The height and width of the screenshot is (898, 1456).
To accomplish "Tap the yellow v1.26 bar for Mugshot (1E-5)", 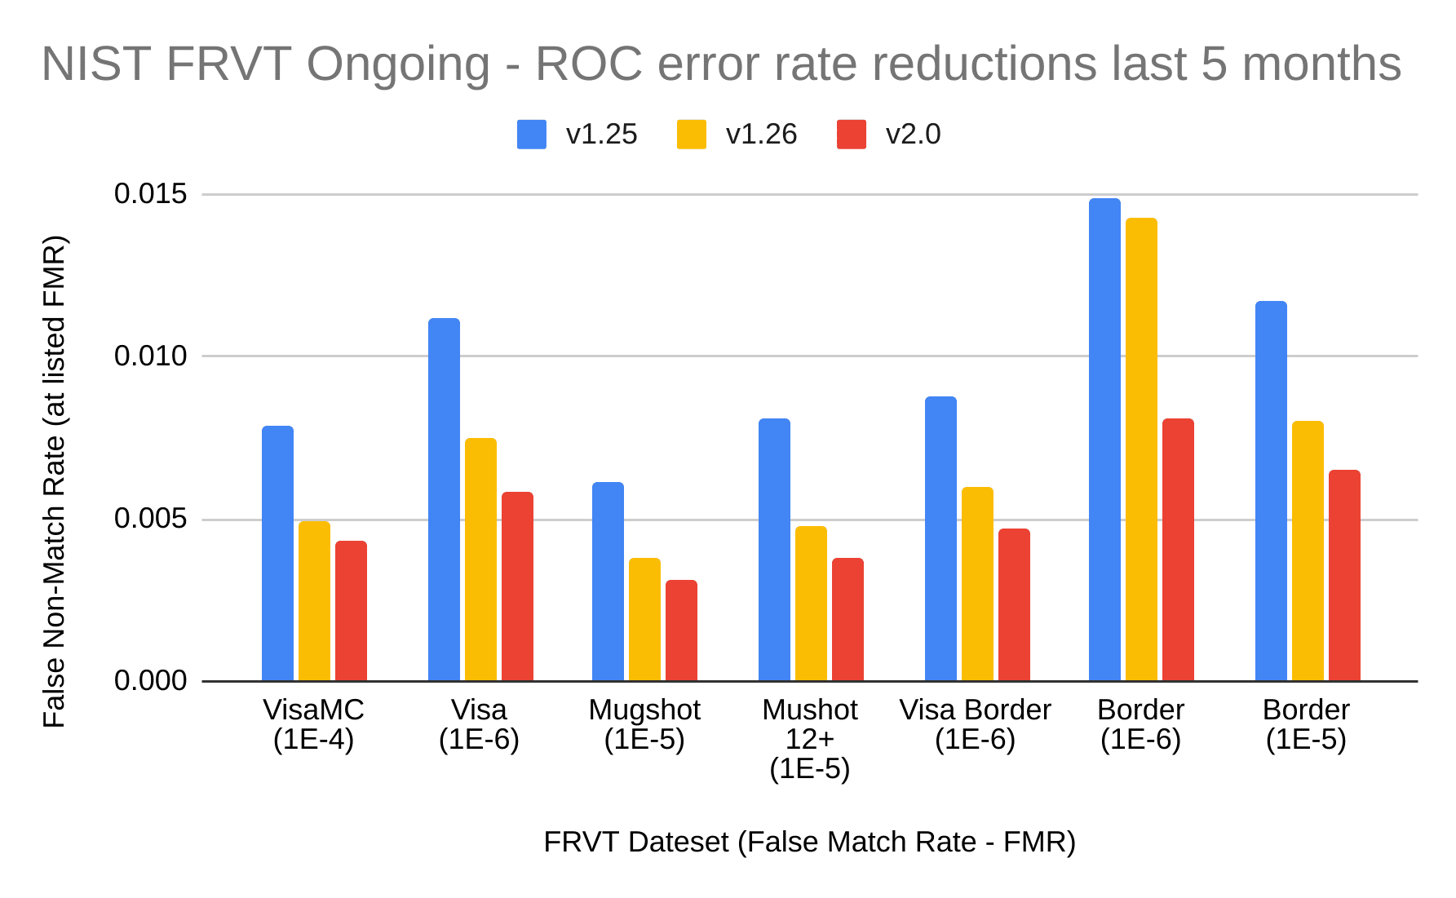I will [644, 619].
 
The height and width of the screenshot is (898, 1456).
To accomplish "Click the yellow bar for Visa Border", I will [977, 583].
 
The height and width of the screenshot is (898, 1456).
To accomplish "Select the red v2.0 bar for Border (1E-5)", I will [1344, 575].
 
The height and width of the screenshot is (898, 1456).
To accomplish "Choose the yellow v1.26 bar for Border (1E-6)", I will [1141, 449].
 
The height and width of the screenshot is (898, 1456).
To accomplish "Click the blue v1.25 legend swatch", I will [532, 135].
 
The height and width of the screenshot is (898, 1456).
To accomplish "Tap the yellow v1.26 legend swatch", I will [692, 135].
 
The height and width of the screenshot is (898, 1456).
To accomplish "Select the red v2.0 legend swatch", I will [852, 135].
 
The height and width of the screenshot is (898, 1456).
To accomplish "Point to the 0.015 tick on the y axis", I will [151, 194].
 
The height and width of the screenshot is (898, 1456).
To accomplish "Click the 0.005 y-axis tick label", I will [151, 519].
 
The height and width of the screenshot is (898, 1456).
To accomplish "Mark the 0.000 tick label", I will [151, 680].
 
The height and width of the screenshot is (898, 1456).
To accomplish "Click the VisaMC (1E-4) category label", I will [313, 724].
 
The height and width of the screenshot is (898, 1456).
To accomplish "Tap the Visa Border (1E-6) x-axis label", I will [975, 724].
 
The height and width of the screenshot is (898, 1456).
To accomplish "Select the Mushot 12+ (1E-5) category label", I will [809, 739].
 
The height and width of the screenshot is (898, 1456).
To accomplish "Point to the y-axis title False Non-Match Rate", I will [55, 481].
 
